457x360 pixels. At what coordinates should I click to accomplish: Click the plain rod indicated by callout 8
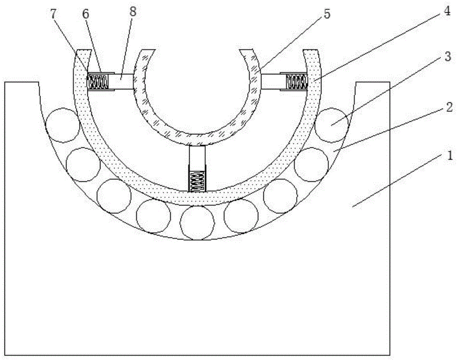click(122, 82)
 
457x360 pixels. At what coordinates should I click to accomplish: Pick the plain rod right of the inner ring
click(273, 82)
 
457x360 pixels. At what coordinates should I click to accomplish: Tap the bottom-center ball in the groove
click(197, 223)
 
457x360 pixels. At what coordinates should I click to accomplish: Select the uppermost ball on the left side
click(62, 124)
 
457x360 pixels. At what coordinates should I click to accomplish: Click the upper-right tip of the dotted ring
click(311, 50)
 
